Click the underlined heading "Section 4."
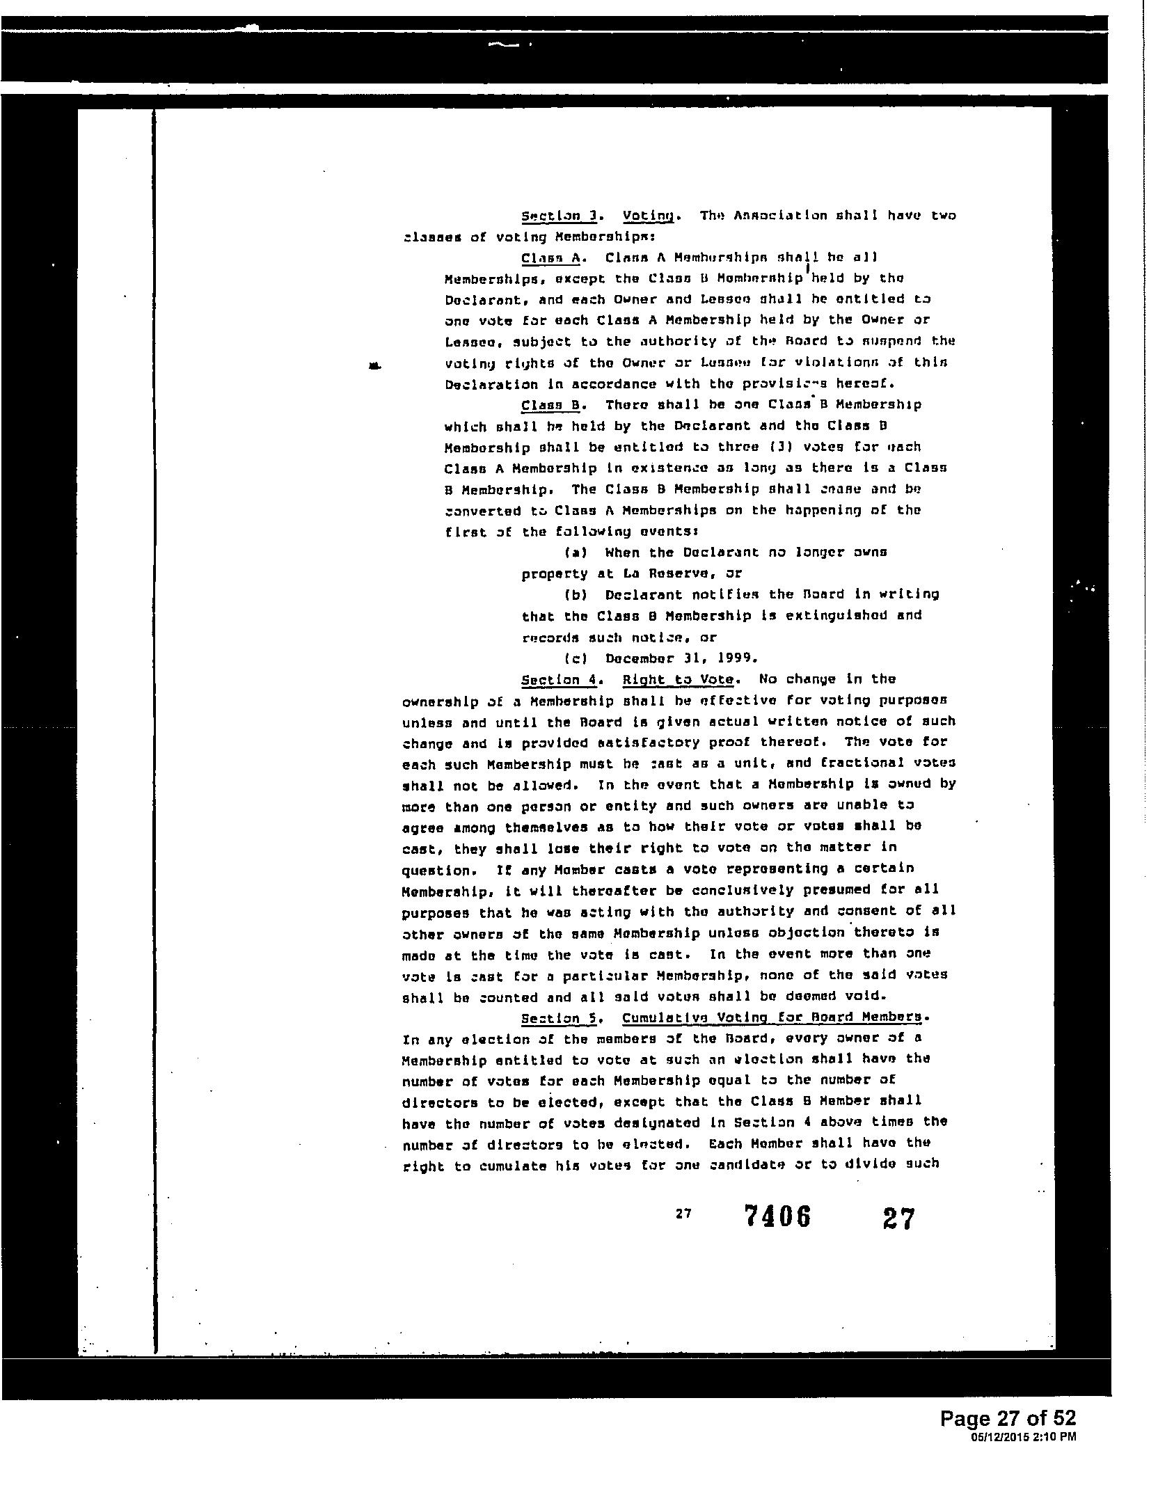[560, 679]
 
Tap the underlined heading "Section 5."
[560, 1018]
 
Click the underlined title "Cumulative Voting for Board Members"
[775, 1018]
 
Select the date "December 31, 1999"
[681, 658]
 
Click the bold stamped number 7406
[777, 1217]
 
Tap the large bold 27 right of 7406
[898, 1219]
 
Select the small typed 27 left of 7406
[683, 1214]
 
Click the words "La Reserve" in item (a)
[665, 574]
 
